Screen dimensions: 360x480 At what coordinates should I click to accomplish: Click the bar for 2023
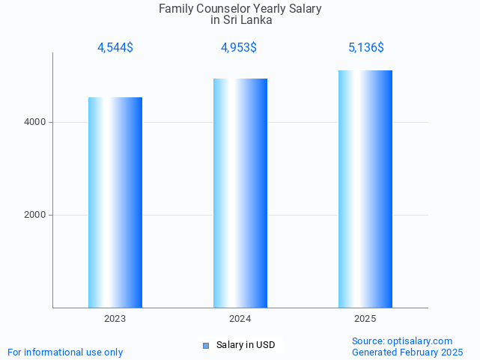click(115, 202)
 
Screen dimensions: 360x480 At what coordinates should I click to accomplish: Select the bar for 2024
click(240, 193)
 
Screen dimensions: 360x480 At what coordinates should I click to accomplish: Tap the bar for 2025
click(365, 189)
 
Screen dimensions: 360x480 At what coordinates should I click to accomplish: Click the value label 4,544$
click(115, 48)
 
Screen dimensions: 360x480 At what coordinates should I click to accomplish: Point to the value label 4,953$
click(239, 48)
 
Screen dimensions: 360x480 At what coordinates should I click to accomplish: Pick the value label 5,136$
click(366, 48)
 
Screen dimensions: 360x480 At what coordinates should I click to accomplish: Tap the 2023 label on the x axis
click(115, 319)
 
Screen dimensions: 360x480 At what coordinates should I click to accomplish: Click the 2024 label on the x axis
click(240, 319)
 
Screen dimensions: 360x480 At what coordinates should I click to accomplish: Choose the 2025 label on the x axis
click(365, 319)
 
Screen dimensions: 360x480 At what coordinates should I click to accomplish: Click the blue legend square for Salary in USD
click(207, 345)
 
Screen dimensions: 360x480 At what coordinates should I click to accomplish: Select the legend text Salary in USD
click(246, 345)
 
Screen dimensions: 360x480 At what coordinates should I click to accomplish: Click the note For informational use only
click(65, 352)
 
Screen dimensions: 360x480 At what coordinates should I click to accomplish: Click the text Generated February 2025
click(407, 352)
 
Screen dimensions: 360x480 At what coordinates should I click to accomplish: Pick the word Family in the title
click(176, 9)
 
